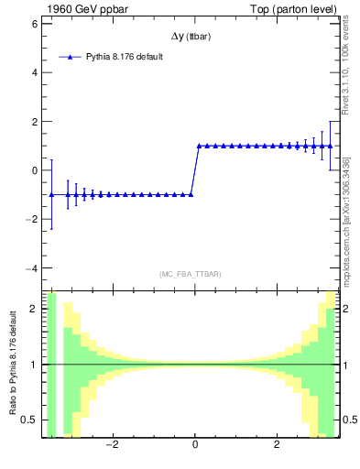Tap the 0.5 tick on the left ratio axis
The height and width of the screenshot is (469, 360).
pyautogui.click(x=30, y=420)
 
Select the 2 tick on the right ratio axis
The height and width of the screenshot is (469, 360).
pyautogui.click(x=349, y=309)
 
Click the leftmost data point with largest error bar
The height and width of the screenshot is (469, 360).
pyautogui.click(x=52, y=194)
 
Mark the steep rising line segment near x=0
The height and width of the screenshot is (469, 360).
pyautogui.click(x=194, y=170)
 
